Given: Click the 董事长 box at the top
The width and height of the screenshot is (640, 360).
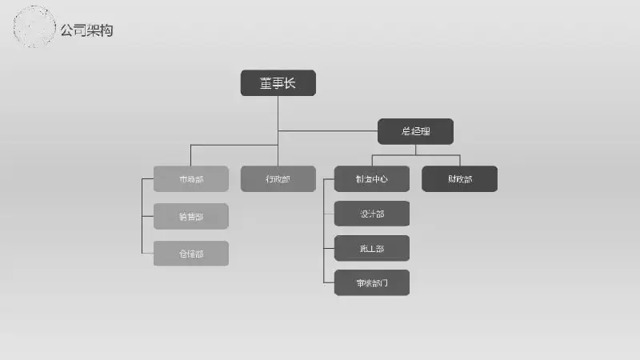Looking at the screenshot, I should click(x=278, y=83).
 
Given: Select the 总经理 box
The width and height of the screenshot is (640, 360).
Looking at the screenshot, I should click(x=415, y=131).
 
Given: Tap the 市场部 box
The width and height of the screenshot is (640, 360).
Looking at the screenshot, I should click(x=190, y=179).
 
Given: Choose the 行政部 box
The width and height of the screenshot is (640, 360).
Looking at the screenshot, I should click(x=278, y=179).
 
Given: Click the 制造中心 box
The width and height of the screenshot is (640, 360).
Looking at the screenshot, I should click(x=372, y=179).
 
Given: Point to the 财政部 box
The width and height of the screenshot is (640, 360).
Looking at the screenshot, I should click(x=459, y=179).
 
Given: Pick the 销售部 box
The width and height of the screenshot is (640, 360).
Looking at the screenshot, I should click(x=190, y=217).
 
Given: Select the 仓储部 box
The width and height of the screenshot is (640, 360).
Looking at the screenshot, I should click(x=190, y=254).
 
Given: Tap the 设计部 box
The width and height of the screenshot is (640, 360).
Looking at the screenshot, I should click(x=372, y=214).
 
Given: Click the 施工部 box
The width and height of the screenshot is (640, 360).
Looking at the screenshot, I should click(x=372, y=249).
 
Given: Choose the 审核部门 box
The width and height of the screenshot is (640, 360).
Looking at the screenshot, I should click(x=372, y=283).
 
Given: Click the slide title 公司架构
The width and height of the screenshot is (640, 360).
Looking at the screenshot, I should click(x=86, y=30).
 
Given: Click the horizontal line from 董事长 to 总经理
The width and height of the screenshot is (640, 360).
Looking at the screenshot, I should click(x=328, y=130).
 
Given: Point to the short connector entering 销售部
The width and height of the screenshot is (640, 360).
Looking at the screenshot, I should click(x=147, y=216).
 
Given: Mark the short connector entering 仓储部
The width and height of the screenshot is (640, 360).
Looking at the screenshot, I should click(x=147, y=254).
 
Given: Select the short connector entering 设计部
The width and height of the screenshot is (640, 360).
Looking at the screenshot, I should click(x=329, y=214).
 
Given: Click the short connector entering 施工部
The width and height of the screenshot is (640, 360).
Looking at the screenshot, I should click(x=329, y=249).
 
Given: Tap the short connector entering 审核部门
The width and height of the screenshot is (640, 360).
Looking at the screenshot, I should click(x=329, y=283).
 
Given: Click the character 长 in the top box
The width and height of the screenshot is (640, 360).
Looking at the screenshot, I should click(x=290, y=83).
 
